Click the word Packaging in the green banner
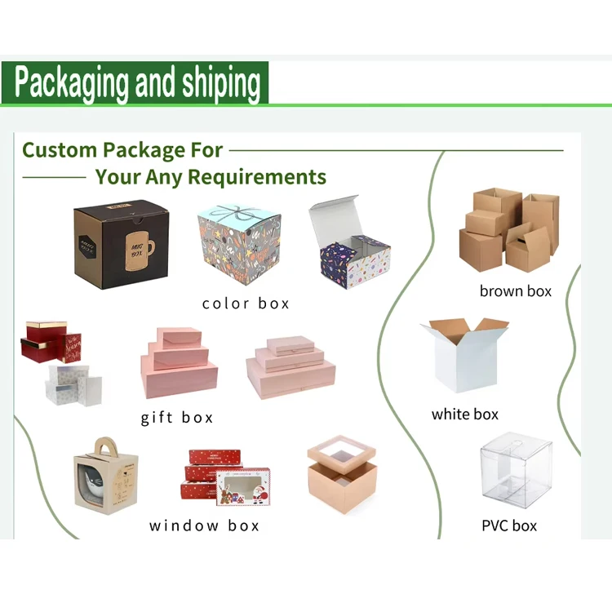[72, 83]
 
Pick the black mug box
[121, 242]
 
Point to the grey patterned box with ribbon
[239, 242]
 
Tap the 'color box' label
[246, 304]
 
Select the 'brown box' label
[515, 290]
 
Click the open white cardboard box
[463, 355]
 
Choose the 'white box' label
[464, 415]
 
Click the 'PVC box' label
[509, 526]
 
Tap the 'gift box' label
[176, 418]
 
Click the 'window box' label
[204, 526]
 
